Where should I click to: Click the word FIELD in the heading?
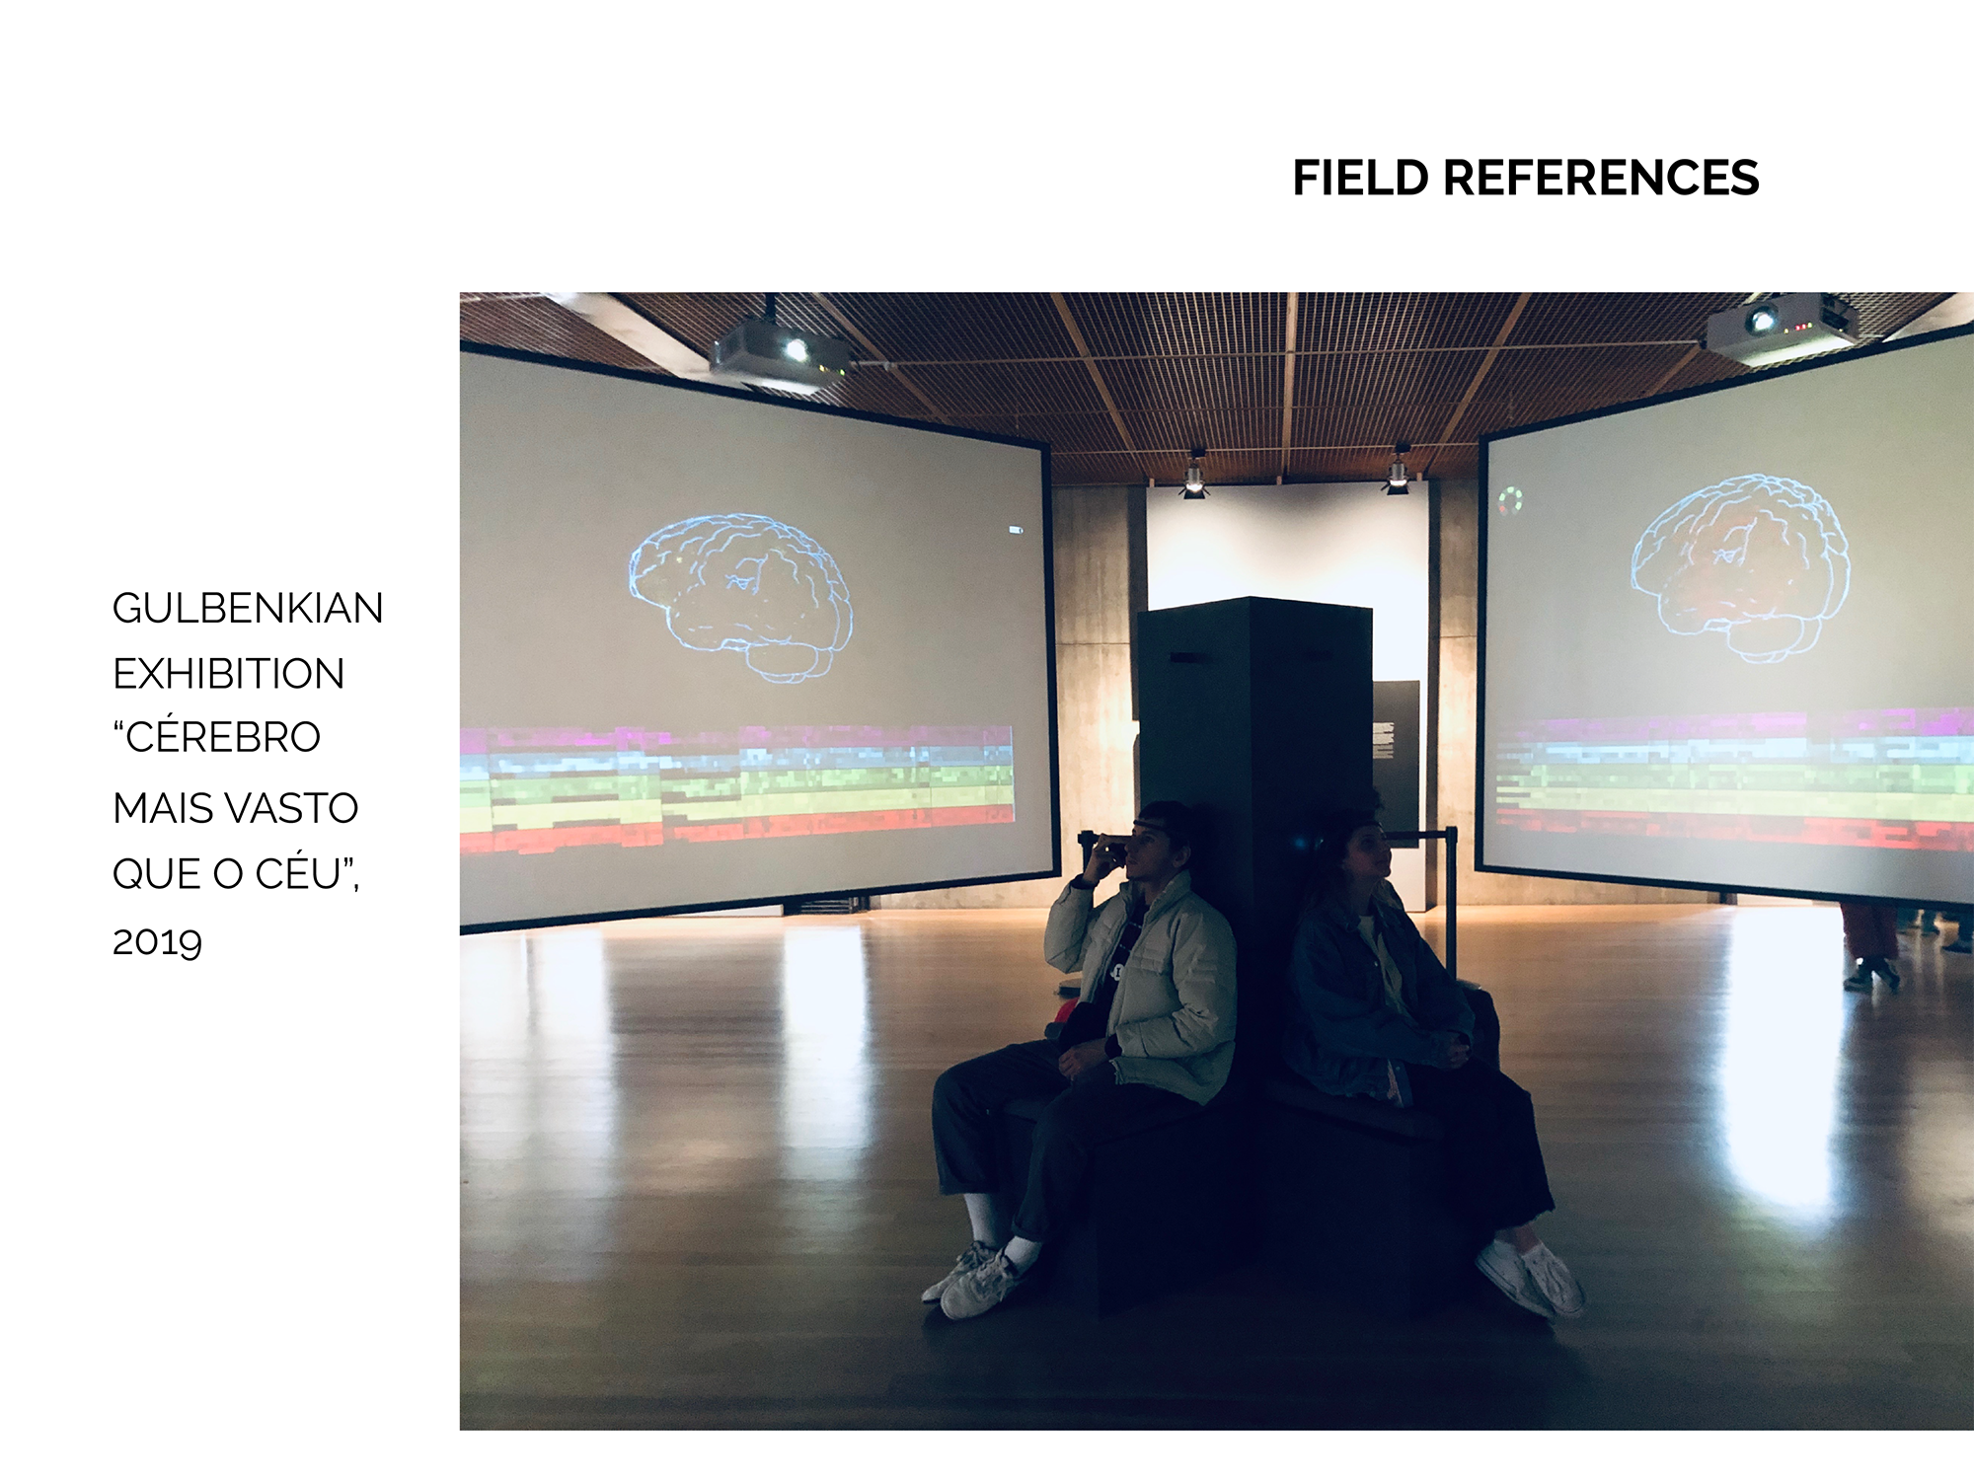(1360, 179)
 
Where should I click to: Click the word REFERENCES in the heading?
(1601, 179)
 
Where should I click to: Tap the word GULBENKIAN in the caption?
(248, 608)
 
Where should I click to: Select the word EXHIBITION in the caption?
(229, 674)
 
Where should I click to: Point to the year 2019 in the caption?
(157, 942)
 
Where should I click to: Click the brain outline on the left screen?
(740, 598)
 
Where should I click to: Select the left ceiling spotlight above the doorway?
(1194, 476)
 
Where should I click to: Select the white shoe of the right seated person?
(1530, 1278)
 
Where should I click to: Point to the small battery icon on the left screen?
(1015, 531)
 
